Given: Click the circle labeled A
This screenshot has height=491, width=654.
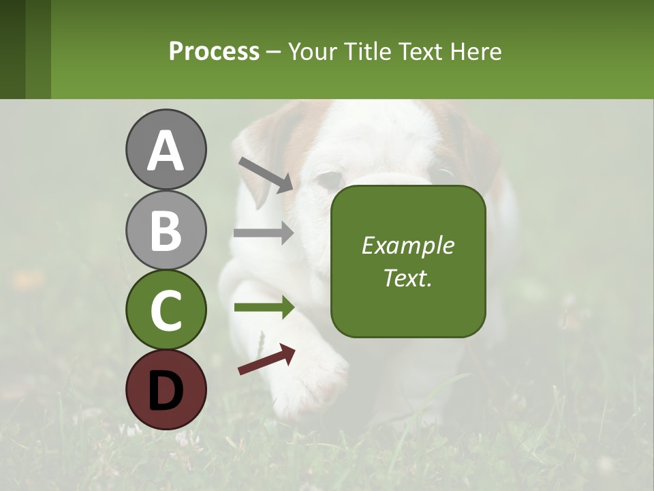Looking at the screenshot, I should (166, 150).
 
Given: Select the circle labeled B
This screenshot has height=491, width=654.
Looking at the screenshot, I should (166, 230).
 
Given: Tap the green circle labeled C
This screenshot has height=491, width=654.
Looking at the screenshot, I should (166, 310).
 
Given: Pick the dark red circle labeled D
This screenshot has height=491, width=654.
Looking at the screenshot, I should (166, 389).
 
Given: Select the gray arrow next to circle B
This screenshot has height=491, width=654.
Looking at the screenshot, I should (264, 233).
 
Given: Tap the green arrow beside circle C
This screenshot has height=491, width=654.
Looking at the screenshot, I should (264, 308).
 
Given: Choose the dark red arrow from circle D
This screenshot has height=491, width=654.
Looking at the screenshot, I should (266, 359).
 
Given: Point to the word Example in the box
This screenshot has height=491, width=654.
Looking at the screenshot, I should (408, 245).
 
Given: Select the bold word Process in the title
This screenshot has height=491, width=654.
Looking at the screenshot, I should (214, 51).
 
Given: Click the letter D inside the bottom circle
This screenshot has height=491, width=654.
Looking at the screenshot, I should (166, 391).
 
